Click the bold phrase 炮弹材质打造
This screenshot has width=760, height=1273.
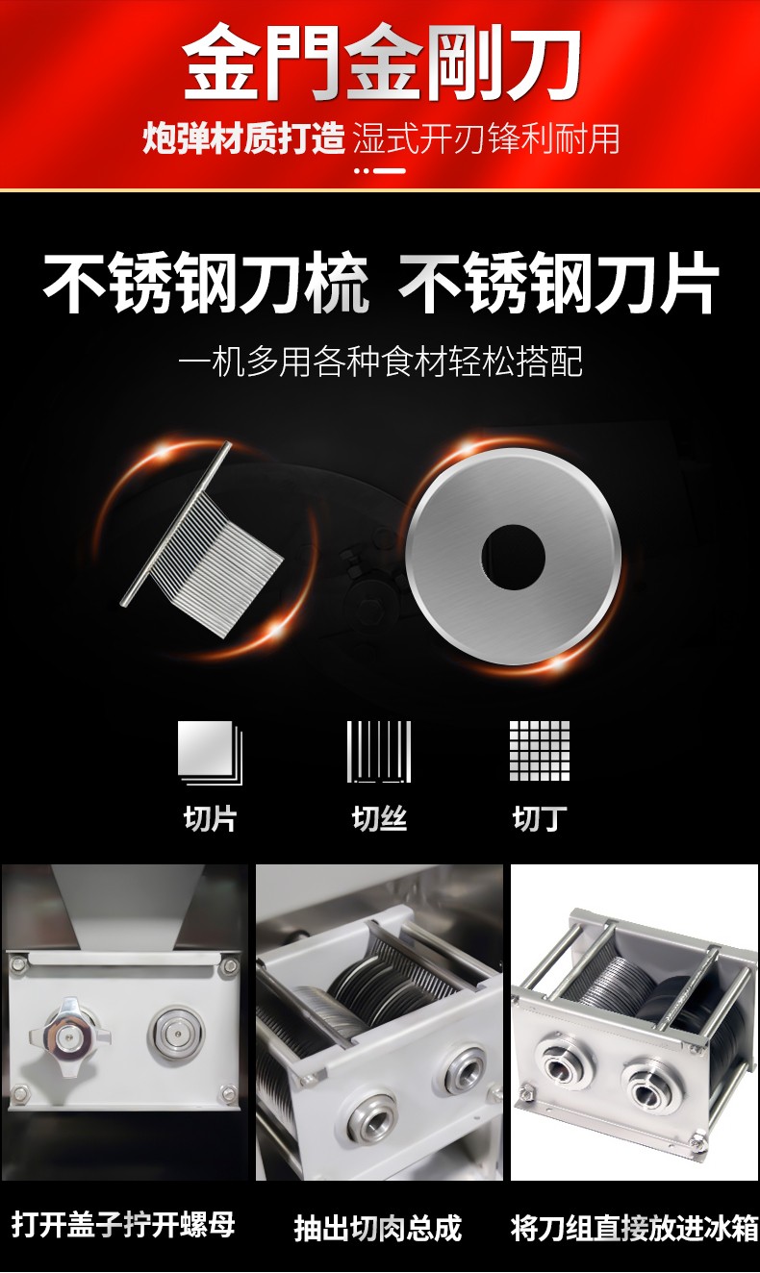[244, 139]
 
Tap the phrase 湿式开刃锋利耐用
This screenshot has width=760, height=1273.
[486, 139]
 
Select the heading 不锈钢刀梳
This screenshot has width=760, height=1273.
[206, 283]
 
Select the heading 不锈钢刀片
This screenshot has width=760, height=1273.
[559, 283]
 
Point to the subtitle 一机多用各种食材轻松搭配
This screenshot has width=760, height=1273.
[381, 362]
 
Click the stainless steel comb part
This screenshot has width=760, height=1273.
[207, 548]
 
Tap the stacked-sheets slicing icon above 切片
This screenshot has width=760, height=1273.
[209, 752]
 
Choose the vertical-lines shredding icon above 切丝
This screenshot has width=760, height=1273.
[379, 751]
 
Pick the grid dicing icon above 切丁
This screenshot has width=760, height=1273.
[540, 751]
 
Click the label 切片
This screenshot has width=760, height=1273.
[210, 819]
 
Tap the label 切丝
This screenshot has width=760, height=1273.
[379, 819]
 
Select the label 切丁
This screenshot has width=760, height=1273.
[540, 819]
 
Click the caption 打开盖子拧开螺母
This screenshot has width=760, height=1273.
[123, 1225]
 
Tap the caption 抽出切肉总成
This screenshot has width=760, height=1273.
[378, 1228]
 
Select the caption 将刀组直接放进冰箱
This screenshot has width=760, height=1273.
[635, 1228]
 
